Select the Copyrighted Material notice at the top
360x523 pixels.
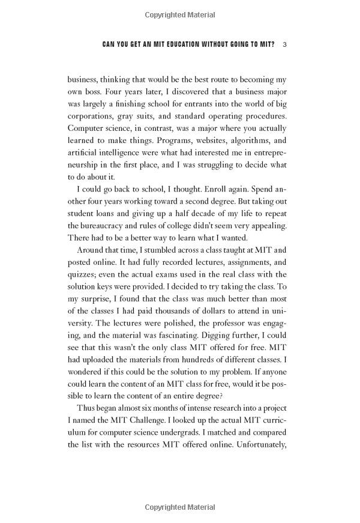[180, 13]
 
